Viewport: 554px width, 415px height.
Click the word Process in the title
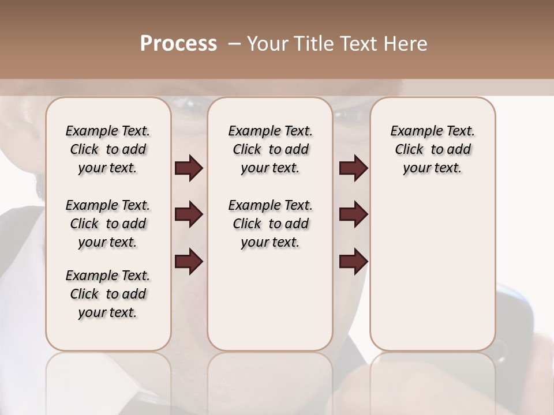[x=178, y=44]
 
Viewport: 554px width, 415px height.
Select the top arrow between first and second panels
[x=189, y=168]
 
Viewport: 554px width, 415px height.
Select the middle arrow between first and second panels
[x=189, y=214]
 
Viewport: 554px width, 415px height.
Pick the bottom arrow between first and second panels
[x=189, y=261]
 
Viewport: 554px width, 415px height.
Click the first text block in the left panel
[x=108, y=149]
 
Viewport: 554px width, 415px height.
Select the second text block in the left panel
[x=108, y=224]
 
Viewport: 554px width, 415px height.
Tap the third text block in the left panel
[x=108, y=294]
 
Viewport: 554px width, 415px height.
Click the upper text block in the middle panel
[x=270, y=149]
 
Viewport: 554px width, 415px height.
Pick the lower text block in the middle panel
[x=270, y=224]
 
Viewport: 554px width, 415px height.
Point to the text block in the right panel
[x=432, y=149]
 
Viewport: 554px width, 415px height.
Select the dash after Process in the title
[x=234, y=44]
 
